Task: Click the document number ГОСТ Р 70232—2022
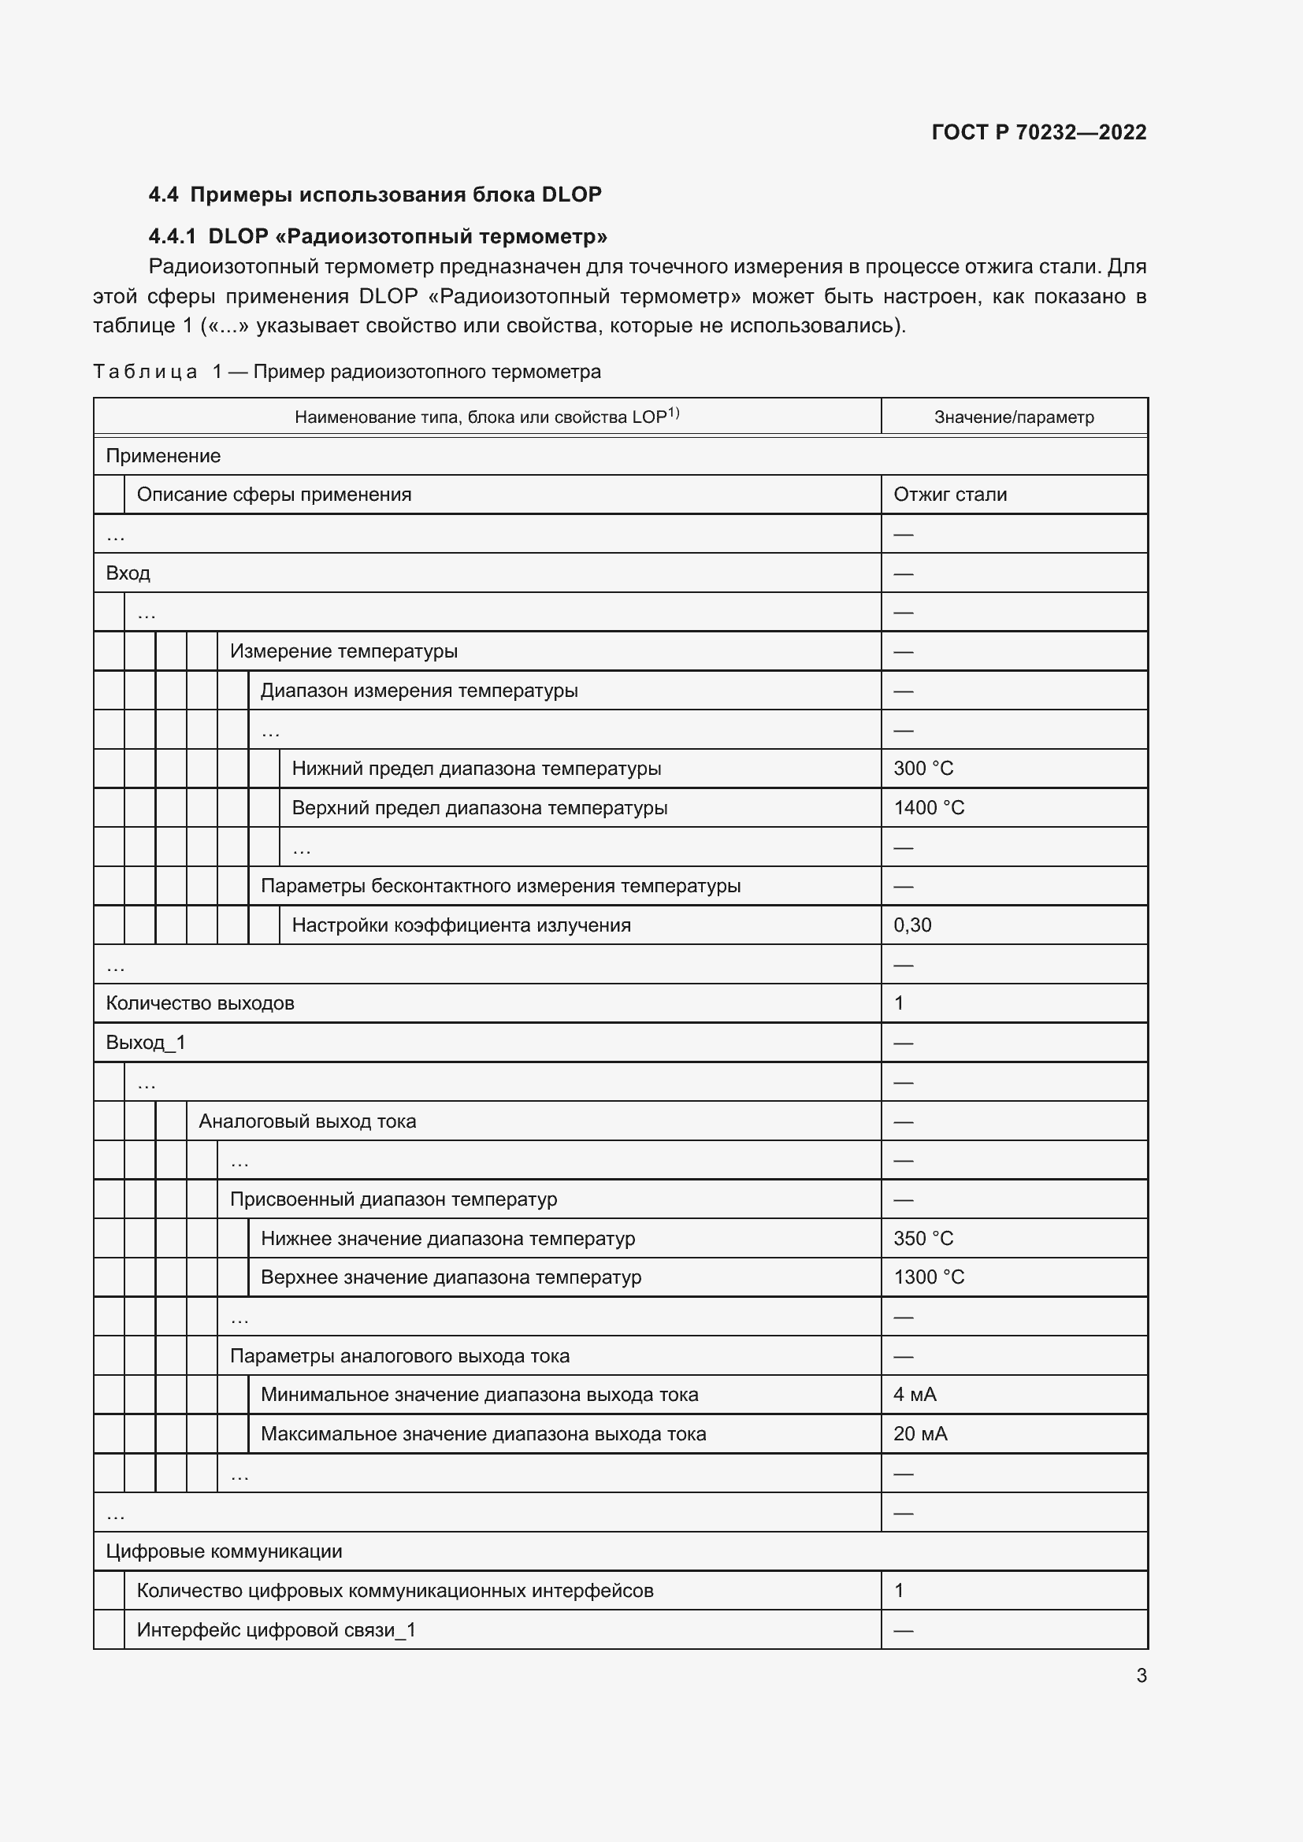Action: pos(1038,132)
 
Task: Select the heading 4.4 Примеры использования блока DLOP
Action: pos(375,195)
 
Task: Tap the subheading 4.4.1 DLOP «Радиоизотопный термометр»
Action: pos(378,237)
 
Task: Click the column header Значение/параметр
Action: pos(1013,417)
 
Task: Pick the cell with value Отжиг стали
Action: pos(950,495)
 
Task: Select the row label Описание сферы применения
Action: pos(273,495)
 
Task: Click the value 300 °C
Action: pos(922,769)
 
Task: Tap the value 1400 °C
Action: pos(928,808)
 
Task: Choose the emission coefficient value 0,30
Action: pos(912,925)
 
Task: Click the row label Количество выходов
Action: pos(200,1003)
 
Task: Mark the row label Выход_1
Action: pos(145,1043)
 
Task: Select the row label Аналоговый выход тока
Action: pos(307,1121)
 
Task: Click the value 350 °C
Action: pos(922,1239)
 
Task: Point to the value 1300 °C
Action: pos(928,1277)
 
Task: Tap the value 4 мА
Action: pos(915,1395)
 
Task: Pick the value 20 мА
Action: pos(920,1434)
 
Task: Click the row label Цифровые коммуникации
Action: pos(224,1551)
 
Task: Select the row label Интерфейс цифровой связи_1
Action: pos(276,1630)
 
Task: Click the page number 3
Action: pos(1141,1676)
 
